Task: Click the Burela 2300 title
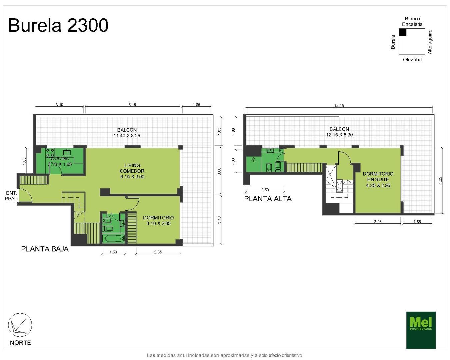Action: (58, 25)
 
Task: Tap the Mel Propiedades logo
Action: (421, 330)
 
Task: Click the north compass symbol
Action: (20, 325)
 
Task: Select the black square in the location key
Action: (403, 32)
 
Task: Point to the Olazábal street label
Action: (413, 60)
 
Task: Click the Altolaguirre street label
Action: (430, 42)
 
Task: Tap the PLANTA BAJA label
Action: (45, 249)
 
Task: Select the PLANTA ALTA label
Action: (268, 199)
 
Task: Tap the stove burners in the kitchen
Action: (50, 153)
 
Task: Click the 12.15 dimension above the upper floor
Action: (339, 105)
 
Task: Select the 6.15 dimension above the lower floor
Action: (132, 105)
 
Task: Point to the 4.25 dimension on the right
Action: (440, 181)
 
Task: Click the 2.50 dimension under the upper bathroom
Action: (265, 190)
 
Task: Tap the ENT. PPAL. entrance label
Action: (11, 196)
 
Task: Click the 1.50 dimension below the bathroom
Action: (113, 252)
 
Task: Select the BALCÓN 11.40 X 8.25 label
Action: (127, 133)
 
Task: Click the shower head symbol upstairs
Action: (253, 160)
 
